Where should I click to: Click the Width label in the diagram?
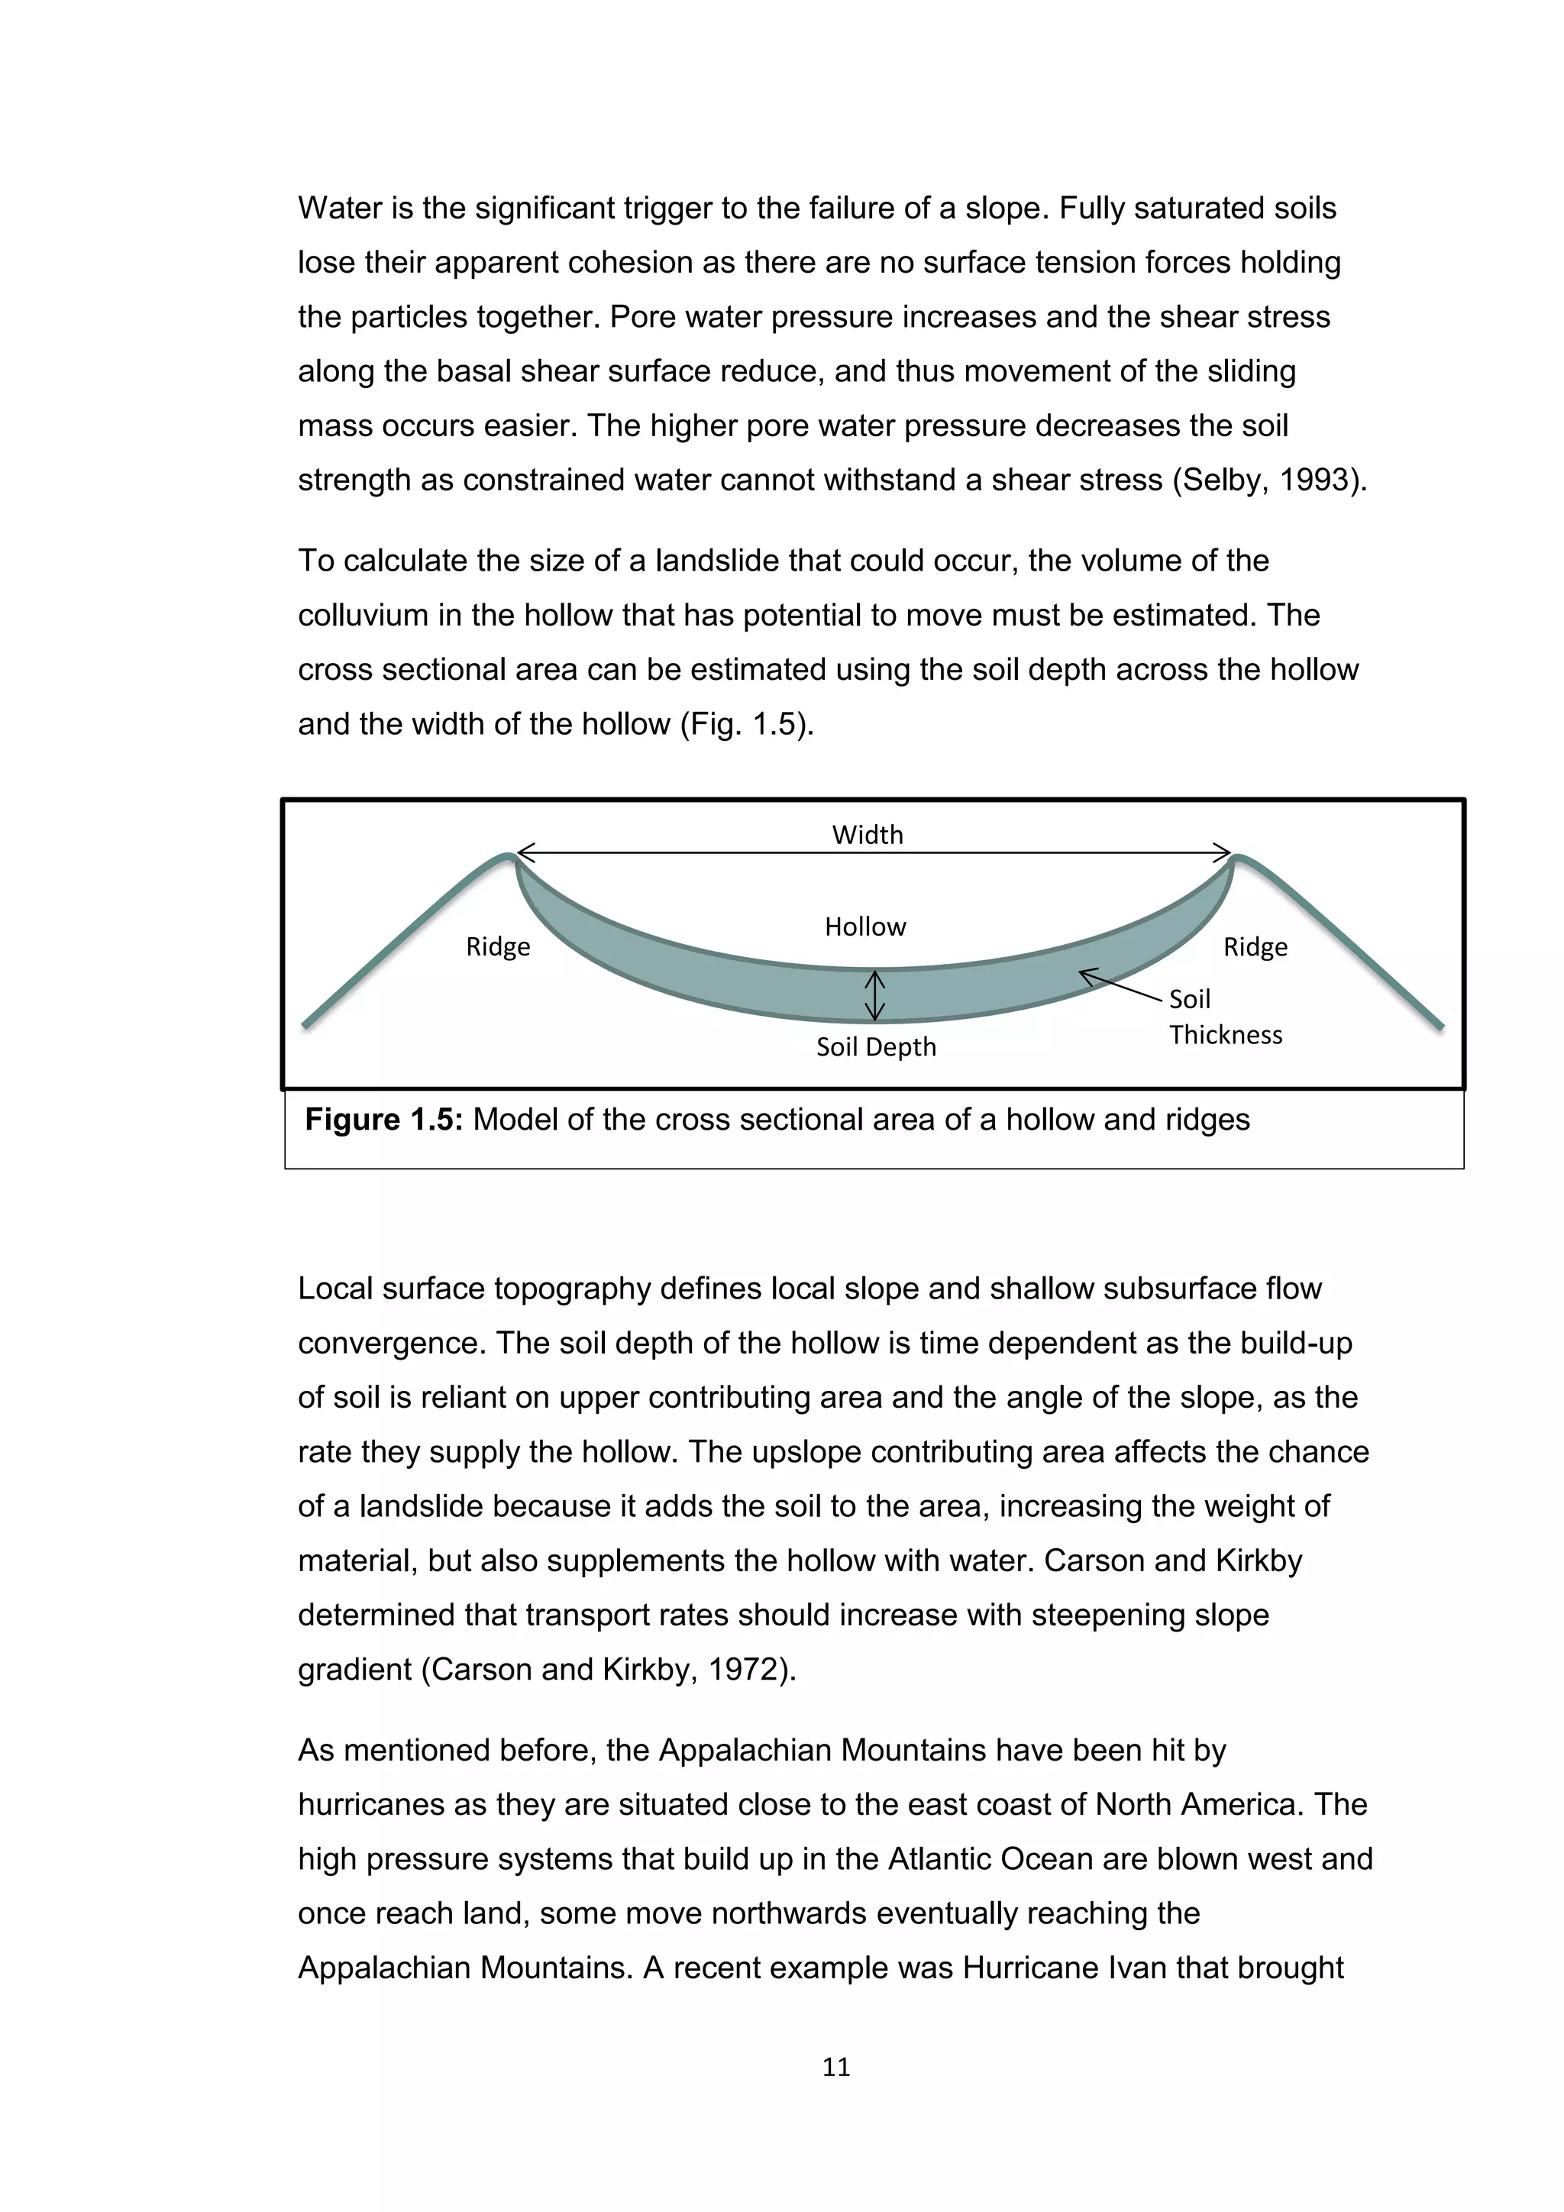coord(867,834)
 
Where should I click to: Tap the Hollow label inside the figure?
coord(864,927)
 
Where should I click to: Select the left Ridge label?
coord(498,947)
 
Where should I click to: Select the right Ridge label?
coord(1255,947)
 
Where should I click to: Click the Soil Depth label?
coord(875,1047)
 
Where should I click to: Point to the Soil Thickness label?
coord(1224,1017)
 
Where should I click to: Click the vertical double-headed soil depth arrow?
coord(874,995)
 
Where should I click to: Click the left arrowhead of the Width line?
coord(525,852)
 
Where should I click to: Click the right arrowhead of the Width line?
coord(1222,852)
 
